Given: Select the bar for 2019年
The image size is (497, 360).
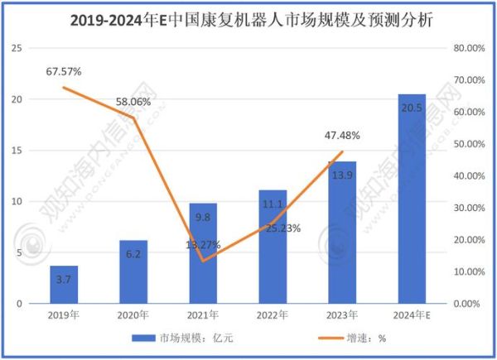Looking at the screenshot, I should (64, 285).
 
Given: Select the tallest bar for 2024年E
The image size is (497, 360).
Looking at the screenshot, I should (412, 199).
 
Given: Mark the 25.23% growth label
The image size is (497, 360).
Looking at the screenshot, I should (283, 228).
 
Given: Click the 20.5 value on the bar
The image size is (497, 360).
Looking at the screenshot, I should (412, 108).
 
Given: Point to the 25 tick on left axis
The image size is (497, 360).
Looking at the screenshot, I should (15, 48).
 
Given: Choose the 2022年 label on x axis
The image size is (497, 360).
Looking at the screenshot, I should (273, 314).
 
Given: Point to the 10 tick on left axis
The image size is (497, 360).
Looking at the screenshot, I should (15, 201).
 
